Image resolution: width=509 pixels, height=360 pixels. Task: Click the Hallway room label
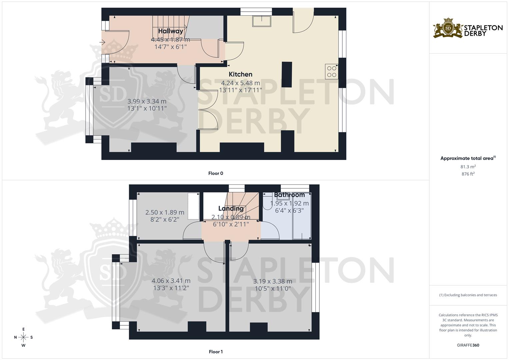coord(170,31)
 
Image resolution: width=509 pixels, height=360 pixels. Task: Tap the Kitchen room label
coord(240,74)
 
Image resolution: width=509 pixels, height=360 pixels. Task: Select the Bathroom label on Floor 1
coord(289,195)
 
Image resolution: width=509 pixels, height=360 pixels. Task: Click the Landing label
coord(231,209)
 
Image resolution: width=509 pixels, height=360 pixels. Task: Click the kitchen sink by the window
coord(262,21)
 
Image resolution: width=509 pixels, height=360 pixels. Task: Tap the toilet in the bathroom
coord(268,203)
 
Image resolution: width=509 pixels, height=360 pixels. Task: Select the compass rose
coord(23,337)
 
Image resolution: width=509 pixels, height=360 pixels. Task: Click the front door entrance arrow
coord(103,42)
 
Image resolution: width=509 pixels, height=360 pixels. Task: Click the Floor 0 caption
coord(216,173)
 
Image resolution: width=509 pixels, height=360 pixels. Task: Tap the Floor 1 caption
coord(216,352)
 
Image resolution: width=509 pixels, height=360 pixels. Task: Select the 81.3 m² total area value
coord(468,167)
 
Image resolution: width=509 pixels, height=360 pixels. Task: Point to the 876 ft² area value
coord(468,174)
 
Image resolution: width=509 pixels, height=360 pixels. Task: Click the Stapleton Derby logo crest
coord(448,28)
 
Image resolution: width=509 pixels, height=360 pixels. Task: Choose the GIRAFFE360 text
coord(468,345)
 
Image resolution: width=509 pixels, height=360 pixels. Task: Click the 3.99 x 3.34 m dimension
coord(147,101)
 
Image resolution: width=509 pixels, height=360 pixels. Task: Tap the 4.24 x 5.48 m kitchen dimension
coord(240,83)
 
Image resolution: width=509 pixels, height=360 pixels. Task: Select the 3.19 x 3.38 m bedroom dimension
coord(272,281)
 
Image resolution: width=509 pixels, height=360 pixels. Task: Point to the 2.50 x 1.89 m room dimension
coord(165,212)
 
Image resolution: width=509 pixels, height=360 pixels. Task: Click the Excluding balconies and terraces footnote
coord(468,295)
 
